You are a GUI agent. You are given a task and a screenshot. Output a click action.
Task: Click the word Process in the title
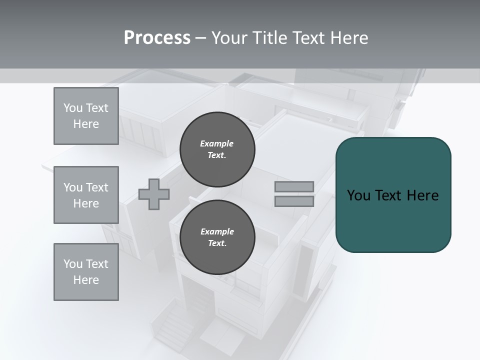coord(157,38)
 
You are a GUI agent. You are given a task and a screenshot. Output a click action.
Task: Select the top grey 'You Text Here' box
coord(86,116)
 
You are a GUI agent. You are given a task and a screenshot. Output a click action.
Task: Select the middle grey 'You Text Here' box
coord(86,195)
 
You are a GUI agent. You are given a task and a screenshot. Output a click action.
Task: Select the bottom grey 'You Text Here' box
coord(86,272)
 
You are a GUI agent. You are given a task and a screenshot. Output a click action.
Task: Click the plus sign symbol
coord(154,194)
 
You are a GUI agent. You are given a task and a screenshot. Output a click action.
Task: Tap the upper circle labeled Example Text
coord(217,149)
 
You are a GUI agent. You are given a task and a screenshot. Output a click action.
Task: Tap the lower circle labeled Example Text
coord(217,237)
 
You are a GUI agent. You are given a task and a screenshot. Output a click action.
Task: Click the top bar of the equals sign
coord(294,186)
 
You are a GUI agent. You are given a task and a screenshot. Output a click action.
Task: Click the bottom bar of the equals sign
coord(294,201)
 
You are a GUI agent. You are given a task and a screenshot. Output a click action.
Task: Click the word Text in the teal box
coord(388,195)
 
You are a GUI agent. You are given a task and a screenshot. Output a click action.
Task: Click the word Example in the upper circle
coord(217,143)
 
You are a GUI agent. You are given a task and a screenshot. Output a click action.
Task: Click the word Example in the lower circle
coord(217,231)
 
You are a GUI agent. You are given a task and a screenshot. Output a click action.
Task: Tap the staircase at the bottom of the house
coord(175,325)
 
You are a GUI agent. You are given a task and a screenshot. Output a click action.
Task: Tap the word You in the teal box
coord(358,195)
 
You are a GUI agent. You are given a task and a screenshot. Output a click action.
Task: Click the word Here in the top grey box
coord(86,124)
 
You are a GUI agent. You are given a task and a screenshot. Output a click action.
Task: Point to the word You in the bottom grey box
coord(73,264)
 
